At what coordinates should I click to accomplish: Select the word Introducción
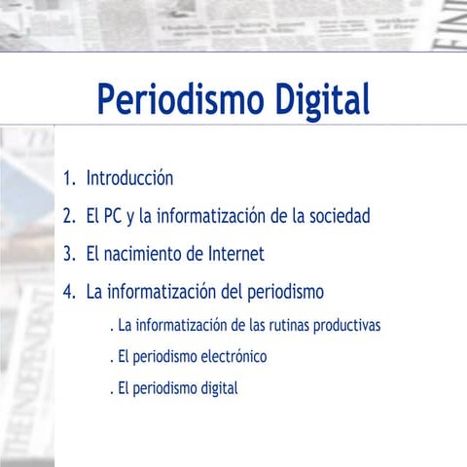tap(129, 178)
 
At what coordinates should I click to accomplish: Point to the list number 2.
tap(67, 216)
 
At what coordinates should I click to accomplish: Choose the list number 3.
tap(67, 254)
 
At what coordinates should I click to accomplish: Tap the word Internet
tap(235, 254)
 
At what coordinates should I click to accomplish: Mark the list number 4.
tap(67, 291)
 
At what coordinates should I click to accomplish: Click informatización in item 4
tap(166, 291)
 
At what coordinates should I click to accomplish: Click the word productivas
tap(347, 324)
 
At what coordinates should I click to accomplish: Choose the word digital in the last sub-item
tap(218, 388)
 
